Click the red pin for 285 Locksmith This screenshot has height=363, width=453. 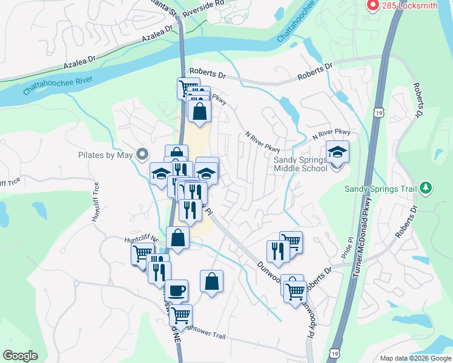[x=373, y=6]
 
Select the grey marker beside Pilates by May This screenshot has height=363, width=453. [x=143, y=155]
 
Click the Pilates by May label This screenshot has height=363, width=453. [x=105, y=155]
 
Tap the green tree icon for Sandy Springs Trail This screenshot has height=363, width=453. [x=426, y=188]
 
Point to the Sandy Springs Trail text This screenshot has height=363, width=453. [x=381, y=189]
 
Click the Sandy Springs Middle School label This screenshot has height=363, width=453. [x=300, y=163]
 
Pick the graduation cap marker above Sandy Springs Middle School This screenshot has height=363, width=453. [x=338, y=151]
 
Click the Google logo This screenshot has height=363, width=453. [x=20, y=356]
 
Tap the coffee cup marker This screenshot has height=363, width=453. [x=176, y=290]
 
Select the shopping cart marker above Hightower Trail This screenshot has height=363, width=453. [x=180, y=315]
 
